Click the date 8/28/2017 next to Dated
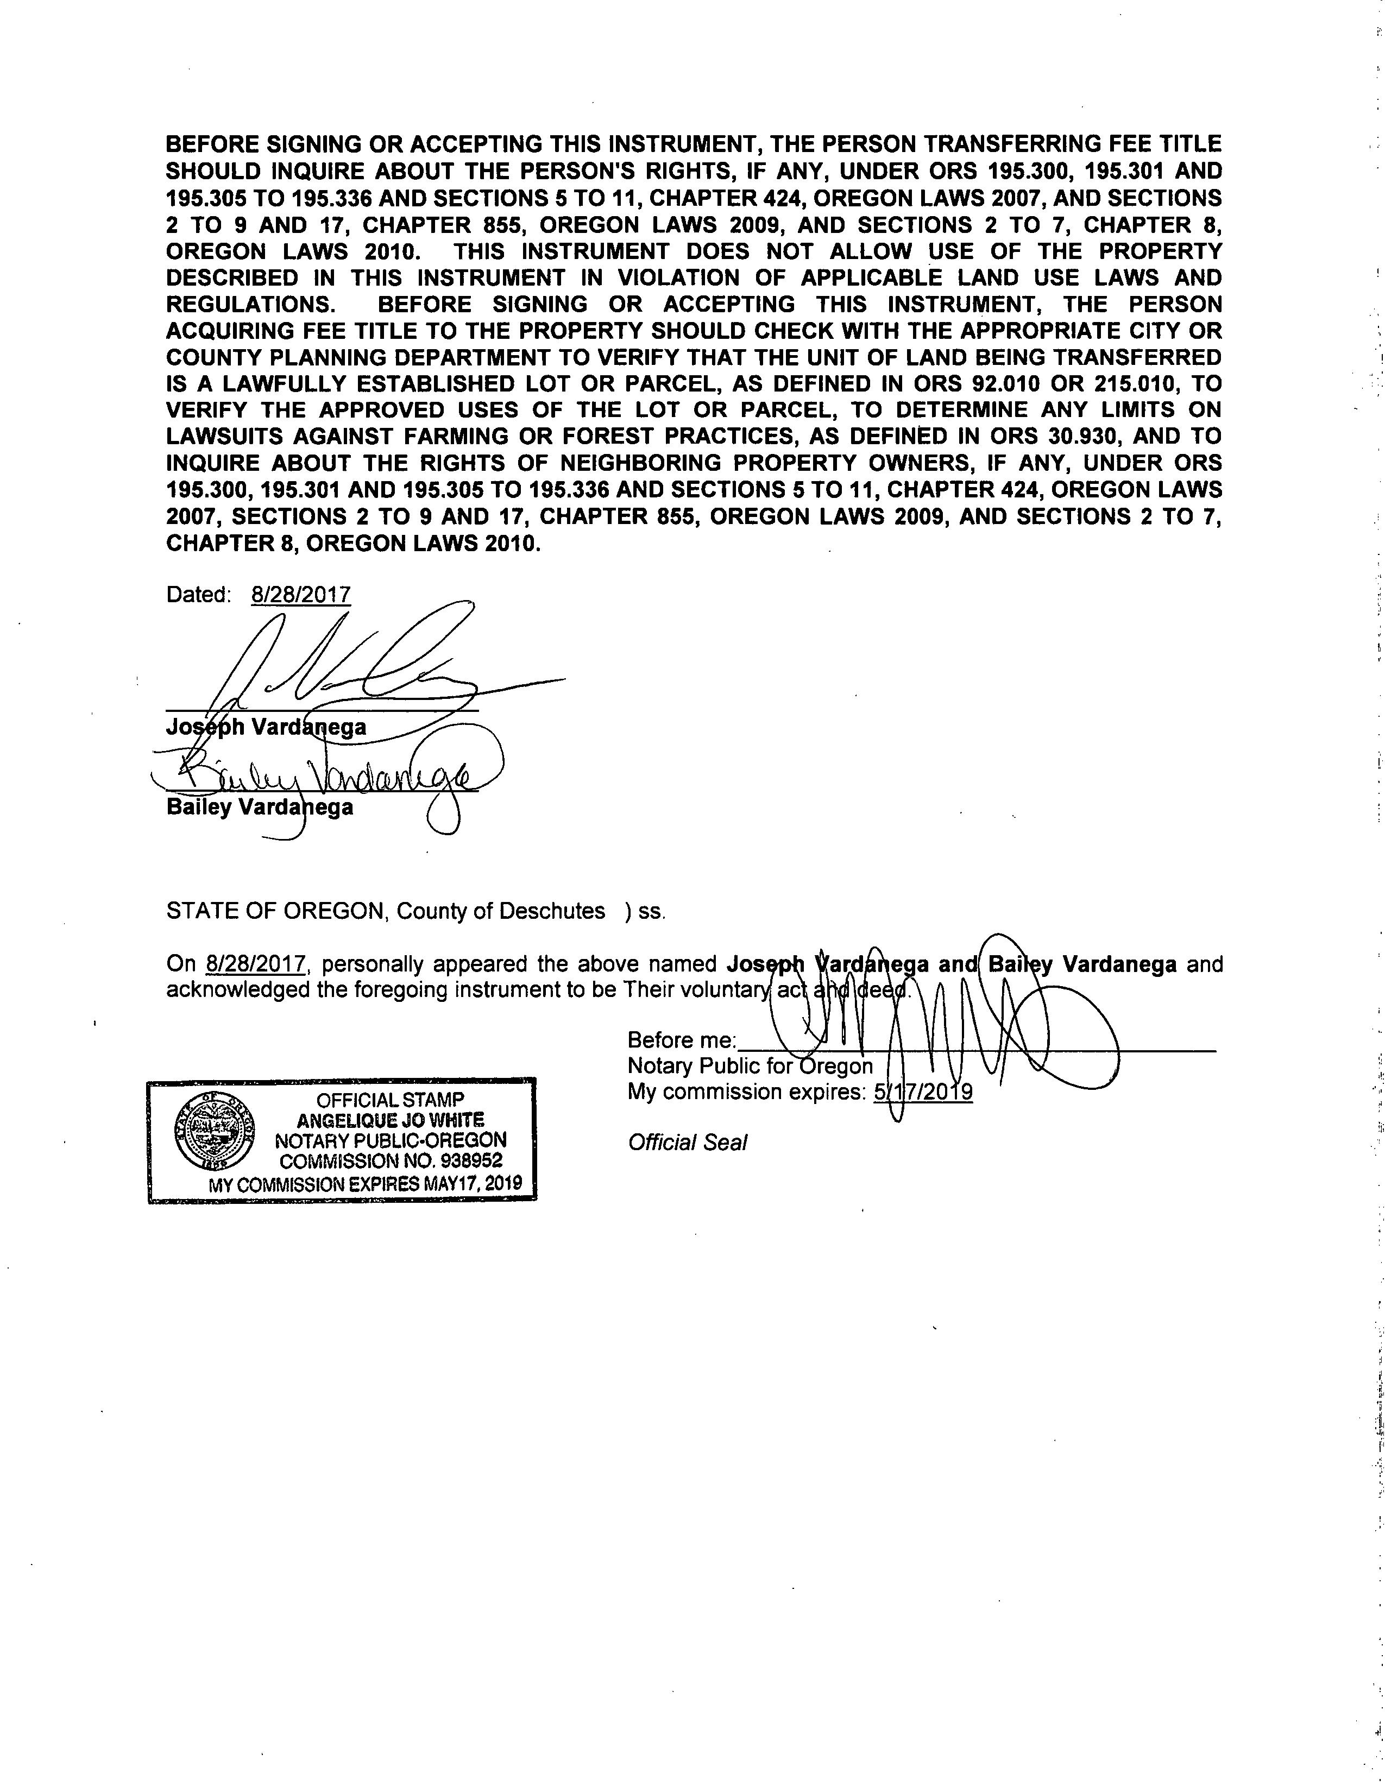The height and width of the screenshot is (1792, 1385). [x=301, y=594]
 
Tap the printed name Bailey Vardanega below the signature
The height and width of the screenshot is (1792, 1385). [x=259, y=806]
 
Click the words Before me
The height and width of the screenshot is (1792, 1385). [x=681, y=1040]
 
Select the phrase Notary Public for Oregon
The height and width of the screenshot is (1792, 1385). [x=750, y=1066]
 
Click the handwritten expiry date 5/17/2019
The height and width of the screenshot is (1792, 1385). [x=923, y=1092]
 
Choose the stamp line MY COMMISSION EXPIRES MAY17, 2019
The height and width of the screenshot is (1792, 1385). [x=365, y=1185]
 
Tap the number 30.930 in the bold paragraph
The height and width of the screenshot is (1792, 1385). [x=1083, y=437]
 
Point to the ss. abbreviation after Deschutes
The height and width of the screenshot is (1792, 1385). [x=651, y=912]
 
